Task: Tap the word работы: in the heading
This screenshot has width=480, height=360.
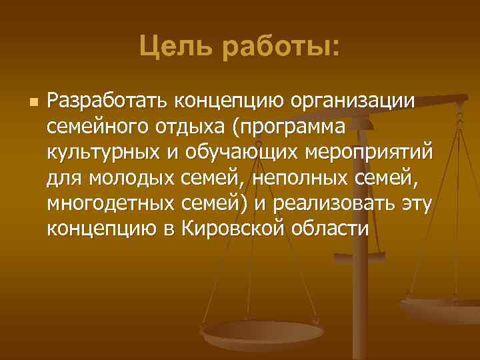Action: pyautogui.click(x=281, y=47)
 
